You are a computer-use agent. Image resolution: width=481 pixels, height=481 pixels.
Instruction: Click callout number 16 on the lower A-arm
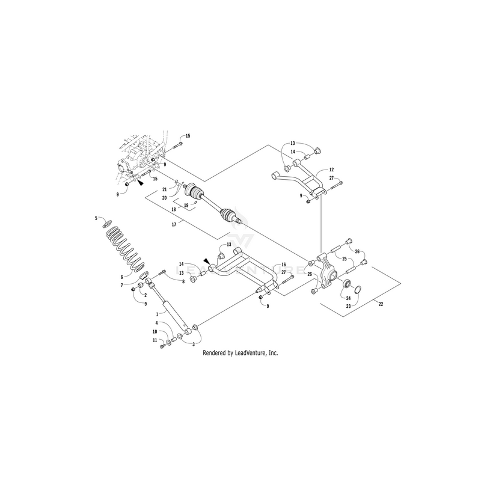[x=283, y=265]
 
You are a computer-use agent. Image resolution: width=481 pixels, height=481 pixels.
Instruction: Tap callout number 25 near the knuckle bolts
[x=345, y=258]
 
